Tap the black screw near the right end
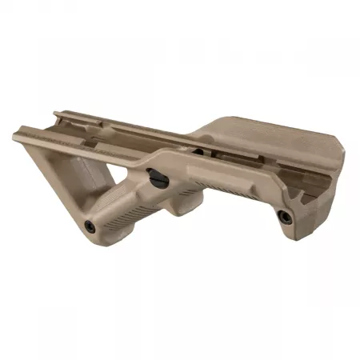click(286, 214)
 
